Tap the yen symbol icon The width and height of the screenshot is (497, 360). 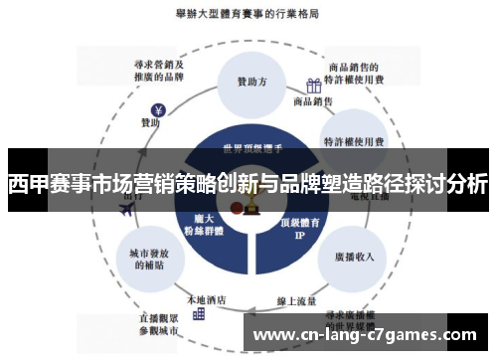point(157,109)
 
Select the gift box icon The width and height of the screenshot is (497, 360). point(314,86)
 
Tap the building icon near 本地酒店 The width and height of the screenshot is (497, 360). point(198,313)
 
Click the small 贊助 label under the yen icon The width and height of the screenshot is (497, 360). point(150,124)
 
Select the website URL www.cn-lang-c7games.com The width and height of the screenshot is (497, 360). point(369,334)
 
